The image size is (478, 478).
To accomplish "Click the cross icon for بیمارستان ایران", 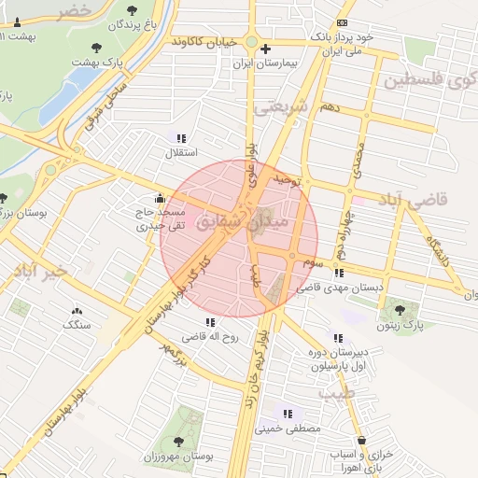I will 266,49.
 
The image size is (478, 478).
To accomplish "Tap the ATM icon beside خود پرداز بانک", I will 343,22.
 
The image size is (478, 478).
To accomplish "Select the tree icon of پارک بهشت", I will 96,47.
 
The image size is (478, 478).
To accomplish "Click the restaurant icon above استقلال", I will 180,137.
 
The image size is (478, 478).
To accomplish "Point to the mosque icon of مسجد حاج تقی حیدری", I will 161,198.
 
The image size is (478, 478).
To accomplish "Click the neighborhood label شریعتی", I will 281,107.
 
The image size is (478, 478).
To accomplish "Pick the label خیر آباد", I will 35,272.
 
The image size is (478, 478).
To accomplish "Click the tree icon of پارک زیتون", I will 401,310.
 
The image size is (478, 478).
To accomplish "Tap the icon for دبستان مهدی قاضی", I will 338,273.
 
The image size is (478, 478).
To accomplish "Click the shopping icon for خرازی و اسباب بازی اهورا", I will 361,439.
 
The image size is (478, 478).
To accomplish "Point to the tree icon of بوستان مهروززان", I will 177,441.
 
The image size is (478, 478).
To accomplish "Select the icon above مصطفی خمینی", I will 288,413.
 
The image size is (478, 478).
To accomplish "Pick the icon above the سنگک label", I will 77,311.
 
